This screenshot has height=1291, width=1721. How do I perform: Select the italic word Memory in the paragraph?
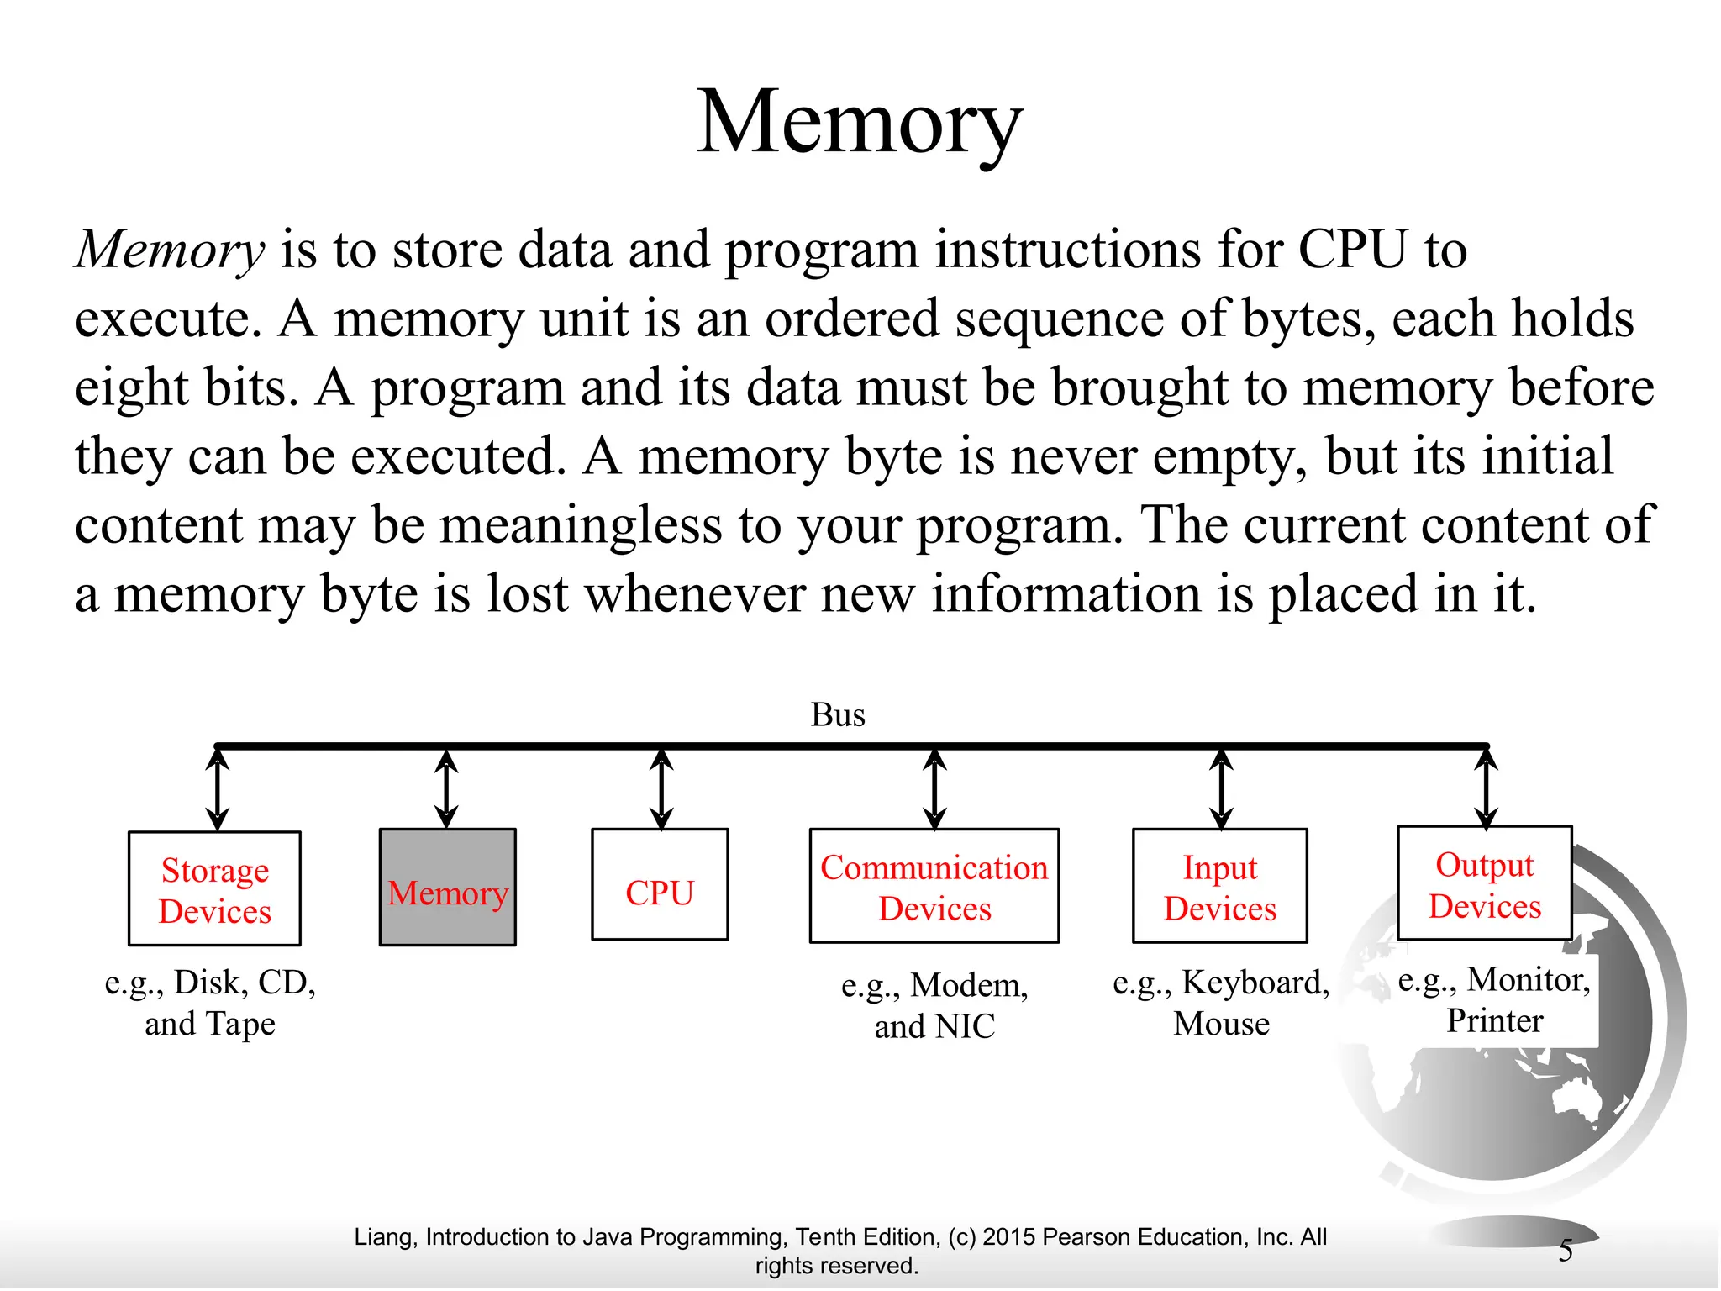(x=171, y=250)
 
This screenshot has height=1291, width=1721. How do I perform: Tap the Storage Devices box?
(x=215, y=889)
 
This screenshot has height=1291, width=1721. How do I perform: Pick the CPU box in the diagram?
(x=660, y=886)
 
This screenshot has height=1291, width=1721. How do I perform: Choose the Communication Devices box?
(x=934, y=887)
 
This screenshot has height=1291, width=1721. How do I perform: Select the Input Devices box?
(x=1220, y=887)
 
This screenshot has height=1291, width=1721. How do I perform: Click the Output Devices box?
(x=1485, y=884)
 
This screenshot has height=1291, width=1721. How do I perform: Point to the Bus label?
(x=838, y=715)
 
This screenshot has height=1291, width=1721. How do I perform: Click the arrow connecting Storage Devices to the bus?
(x=218, y=789)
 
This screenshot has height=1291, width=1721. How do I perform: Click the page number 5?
(x=1566, y=1251)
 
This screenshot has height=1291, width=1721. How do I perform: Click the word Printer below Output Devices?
(x=1495, y=1021)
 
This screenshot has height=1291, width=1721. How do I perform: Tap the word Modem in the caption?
(x=969, y=985)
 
